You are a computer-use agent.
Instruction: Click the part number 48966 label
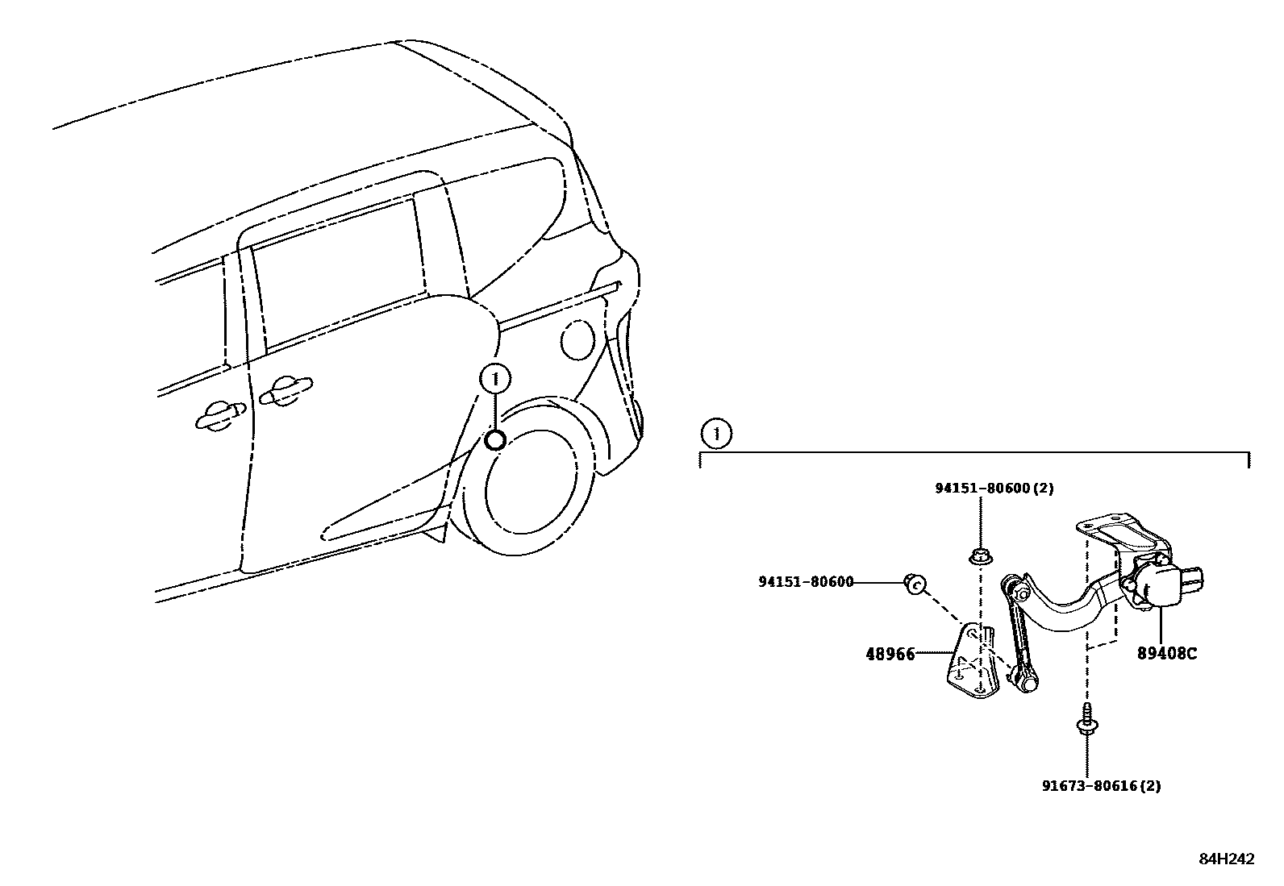tap(890, 654)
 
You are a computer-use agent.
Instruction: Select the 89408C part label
tap(1166, 653)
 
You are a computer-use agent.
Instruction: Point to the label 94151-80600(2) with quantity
tap(994, 488)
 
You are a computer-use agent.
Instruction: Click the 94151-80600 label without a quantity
tap(805, 582)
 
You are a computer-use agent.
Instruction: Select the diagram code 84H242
tap(1226, 859)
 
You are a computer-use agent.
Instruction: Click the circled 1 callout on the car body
tap(494, 378)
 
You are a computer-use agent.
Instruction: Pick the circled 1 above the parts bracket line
tap(715, 435)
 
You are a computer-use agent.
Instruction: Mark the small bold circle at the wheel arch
tap(494, 440)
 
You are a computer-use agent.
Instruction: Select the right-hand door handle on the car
tap(284, 391)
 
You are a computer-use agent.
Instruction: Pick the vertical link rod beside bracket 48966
tap(1016, 637)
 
